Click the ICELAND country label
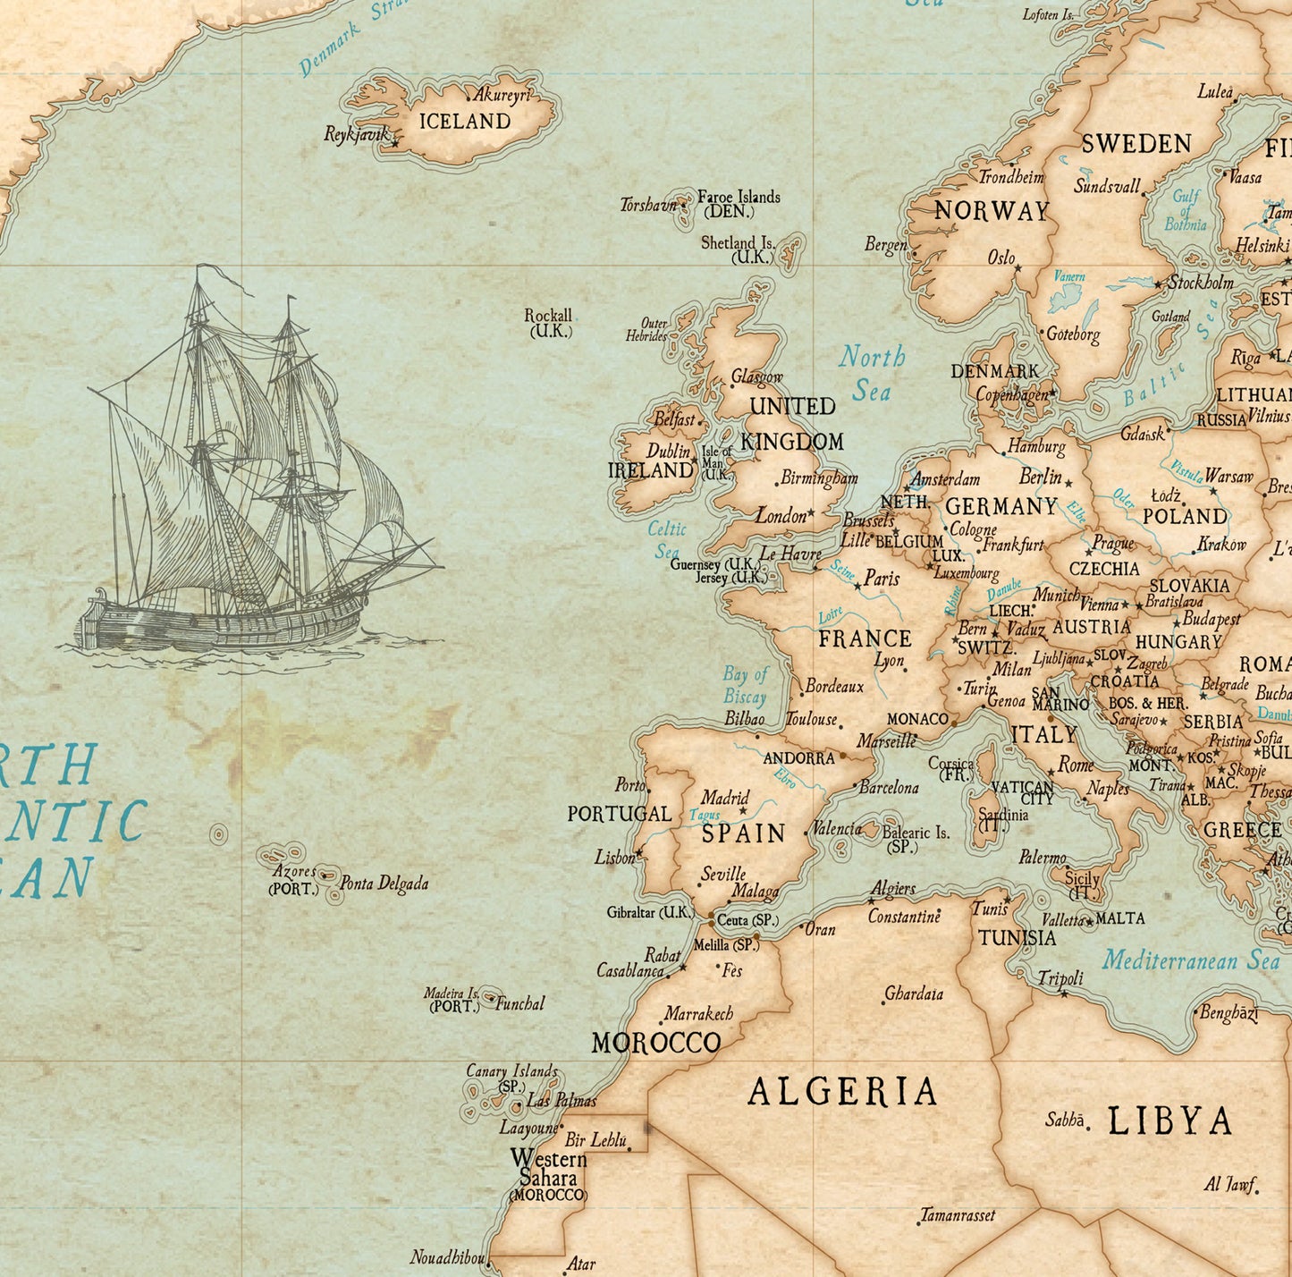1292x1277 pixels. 465,122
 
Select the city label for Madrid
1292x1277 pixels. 724,798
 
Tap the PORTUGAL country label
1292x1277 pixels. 619,815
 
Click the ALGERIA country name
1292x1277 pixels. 842,1092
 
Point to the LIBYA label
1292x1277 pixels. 1170,1121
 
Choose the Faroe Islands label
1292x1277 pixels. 739,198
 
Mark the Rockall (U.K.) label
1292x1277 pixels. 548,323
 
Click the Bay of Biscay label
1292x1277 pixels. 745,686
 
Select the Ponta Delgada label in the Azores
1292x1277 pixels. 384,884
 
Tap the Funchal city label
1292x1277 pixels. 519,1003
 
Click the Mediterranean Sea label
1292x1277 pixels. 1190,961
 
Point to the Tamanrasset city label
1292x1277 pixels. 958,1215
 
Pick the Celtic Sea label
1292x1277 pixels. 667,540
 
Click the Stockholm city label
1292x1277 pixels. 1201,283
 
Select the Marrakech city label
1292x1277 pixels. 698,1014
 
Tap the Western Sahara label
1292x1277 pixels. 548,1169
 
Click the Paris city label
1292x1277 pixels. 882,579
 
